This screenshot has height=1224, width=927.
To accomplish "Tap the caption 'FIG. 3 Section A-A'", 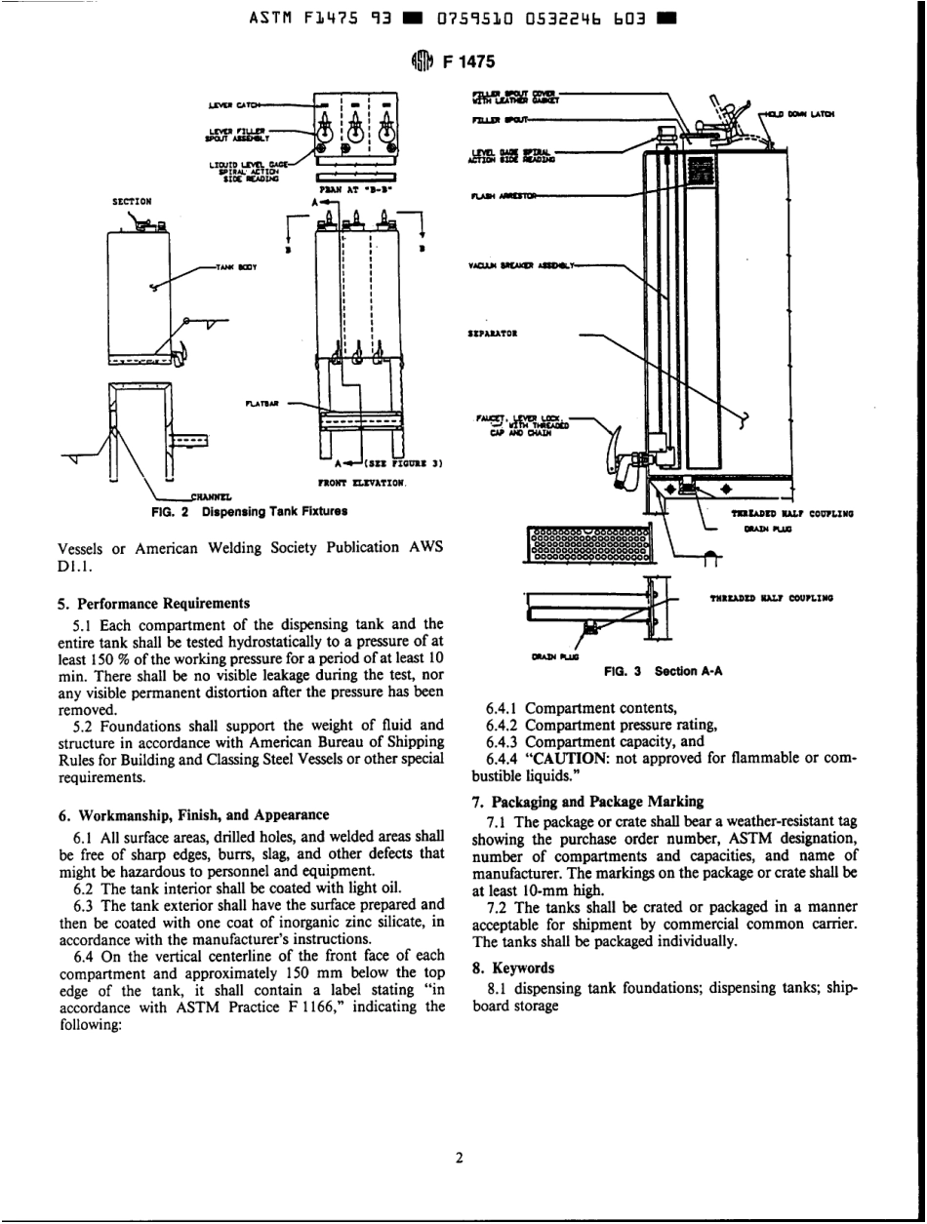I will coord(667,672).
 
